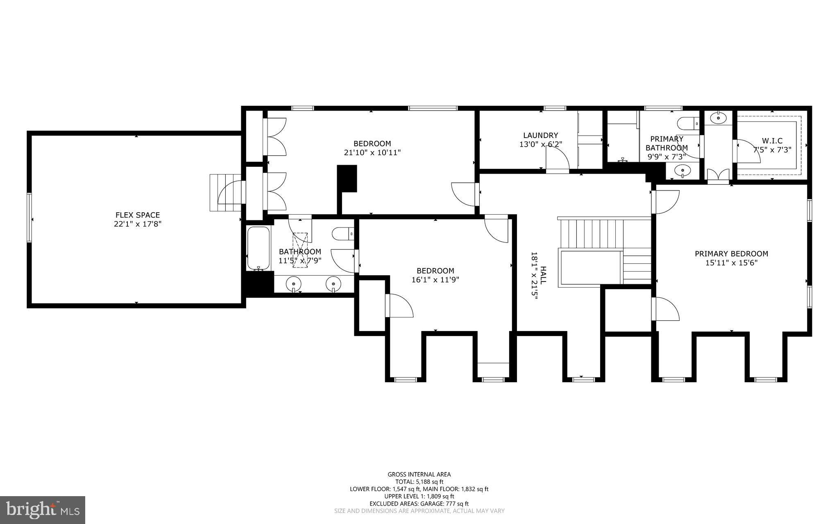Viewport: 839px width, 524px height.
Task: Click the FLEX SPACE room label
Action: [x=137, y=215]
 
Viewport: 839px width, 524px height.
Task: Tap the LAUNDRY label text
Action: [x=540, y=135]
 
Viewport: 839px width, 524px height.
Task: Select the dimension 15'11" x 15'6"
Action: [x=731, y=263]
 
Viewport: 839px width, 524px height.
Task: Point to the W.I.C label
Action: [x=772, y=141]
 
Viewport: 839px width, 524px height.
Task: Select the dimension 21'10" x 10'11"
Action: [x=372, y=153]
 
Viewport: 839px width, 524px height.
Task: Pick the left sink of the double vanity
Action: [x=294, y=283]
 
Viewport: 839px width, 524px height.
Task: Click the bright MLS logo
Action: [x=43, y=510]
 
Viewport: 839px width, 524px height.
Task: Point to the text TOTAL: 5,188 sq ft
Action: [x=419, y=482]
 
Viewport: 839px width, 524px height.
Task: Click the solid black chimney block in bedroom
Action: [x=347, y=178]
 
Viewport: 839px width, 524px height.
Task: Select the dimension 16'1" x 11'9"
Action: [x=435, y=280]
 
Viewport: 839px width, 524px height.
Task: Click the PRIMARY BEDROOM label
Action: [x=731, y=254]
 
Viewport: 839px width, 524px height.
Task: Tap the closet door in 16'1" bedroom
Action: [x=399, y=306]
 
